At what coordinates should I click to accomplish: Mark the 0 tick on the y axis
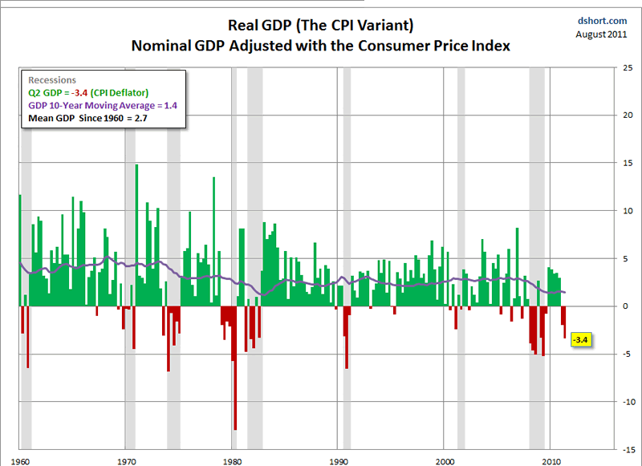pyautogui.click(x=624, y=306)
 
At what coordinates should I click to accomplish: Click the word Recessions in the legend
pyautogui.click(x=52, y=81)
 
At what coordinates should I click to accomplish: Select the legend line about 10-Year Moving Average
pyautogui.click(x=103, y=105)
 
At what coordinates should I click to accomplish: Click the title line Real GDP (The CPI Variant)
pyautogui.click(x=321, y=26)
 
